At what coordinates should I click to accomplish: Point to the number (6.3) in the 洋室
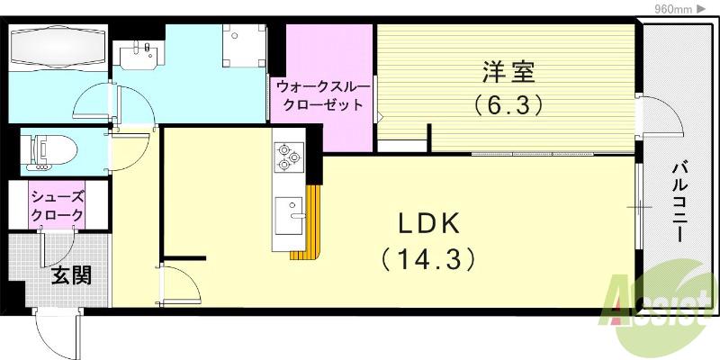click(508, 105)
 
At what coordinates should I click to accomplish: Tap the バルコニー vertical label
click(680, 201)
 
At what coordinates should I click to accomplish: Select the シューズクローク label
click(58, 206)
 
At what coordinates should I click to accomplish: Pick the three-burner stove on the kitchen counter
click(289, 158)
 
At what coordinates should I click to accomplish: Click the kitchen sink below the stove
click(290, 214)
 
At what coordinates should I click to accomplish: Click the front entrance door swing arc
click(56, 333)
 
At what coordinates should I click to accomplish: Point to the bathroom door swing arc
click(94, 104)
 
